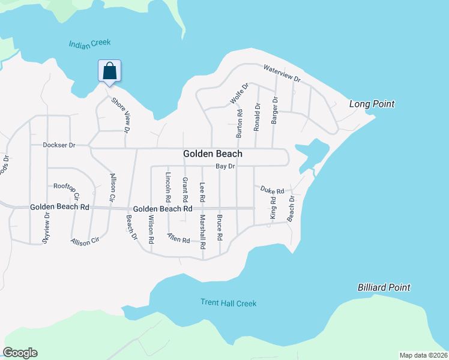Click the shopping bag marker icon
click(x=110, y=71)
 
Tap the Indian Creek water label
click(x=90, y=43)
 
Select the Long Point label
click(x=372, y=104)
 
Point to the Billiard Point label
click(x=384, y=287)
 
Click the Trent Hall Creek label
click(x=229, y=303)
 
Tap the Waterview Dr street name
click(x=282, y=74)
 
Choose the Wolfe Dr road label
click(x=238, y=94)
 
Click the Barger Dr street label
click(x=274, y=110)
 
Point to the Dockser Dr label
click(x=59, y=145)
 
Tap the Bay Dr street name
click(x=225, y=166)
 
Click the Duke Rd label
click(x=272, y=190)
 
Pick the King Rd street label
click(x=273, y=208)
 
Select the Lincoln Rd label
click(x=168, y=187)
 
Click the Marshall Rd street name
click(x=203, y=229)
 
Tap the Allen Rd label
click(x=178, y=238)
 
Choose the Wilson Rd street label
click(x=151, y=229)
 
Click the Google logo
click(x=20, y=353)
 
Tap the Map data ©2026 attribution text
click(x=423, y=355)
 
